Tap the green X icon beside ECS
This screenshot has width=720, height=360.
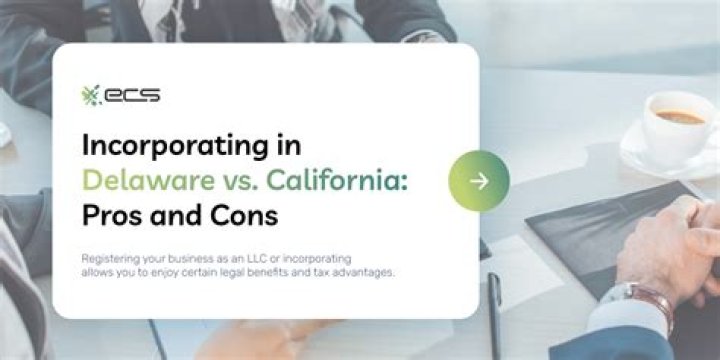click(x=92, y=95)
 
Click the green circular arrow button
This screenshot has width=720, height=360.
click(x=479, y=181)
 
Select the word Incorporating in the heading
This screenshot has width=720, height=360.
click(x=171, y=144)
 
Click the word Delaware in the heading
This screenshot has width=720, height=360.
click(x=139, y=180)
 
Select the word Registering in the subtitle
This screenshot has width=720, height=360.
click(x=110, y=258)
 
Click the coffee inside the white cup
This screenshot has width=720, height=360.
click(x=680, y=117)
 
